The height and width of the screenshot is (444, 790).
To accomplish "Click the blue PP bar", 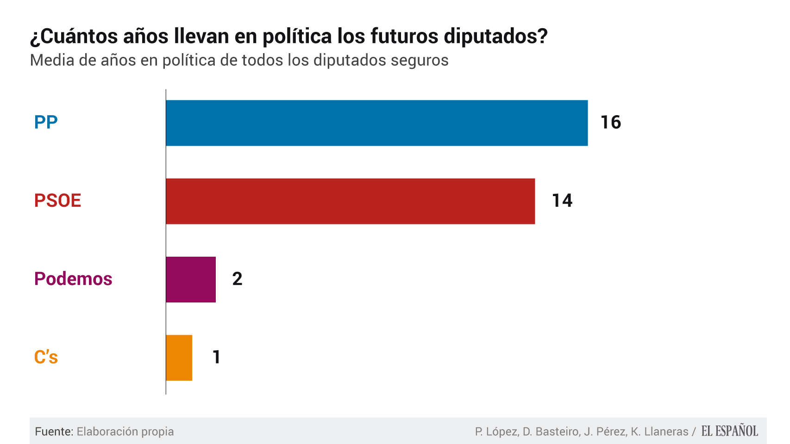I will [376, 123].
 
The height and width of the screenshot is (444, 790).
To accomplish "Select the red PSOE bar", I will [350, 201].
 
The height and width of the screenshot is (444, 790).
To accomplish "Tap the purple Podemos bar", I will [191, 279].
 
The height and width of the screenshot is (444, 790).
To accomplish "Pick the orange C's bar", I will [179, 358].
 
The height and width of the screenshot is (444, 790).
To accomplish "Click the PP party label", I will [46, 122].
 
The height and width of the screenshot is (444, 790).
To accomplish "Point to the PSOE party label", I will [57, 201].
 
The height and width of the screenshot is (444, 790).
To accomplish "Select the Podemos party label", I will [73, 279].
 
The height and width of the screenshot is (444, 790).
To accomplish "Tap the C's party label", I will [46, 357].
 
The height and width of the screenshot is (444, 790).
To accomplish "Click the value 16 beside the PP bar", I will [610, 123].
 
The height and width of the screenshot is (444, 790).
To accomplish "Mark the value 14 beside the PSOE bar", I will [562, 201].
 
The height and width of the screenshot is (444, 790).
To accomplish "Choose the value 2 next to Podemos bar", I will [237, 279].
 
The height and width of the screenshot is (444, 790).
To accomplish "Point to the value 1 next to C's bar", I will [216, 357].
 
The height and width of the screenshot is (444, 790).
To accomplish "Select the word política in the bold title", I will [297, 37].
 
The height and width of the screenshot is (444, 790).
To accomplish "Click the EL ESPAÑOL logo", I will [729, 431].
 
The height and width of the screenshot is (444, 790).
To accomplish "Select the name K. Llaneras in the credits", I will [659, 432].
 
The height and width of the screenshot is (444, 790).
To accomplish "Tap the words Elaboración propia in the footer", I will [125, 432].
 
